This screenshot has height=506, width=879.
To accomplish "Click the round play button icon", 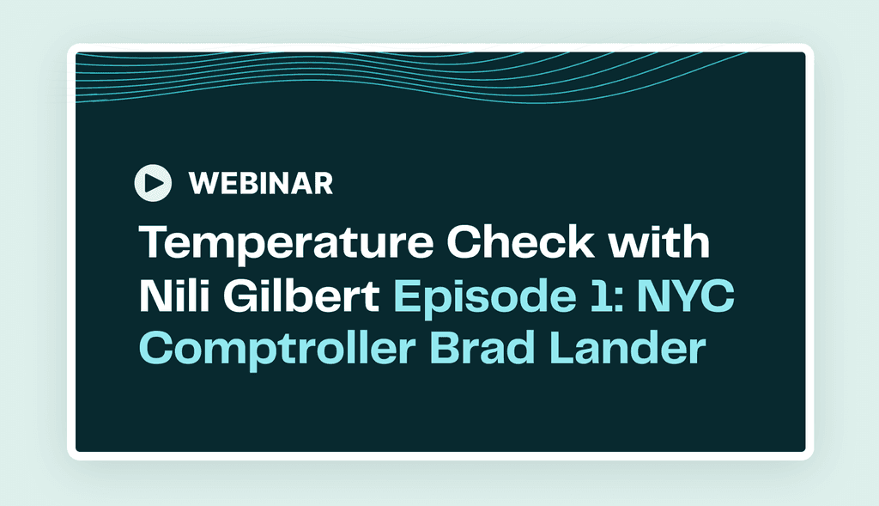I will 154,181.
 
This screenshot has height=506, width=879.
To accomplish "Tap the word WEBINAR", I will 260,182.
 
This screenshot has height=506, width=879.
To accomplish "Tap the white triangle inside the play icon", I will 155,181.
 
